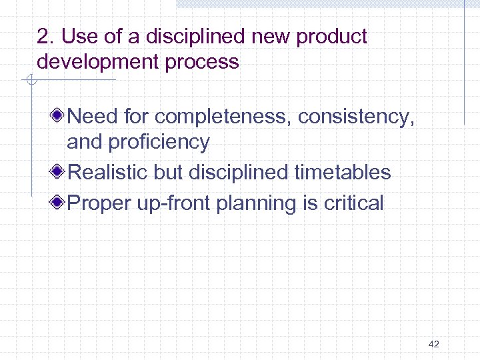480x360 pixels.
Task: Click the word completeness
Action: click(x=223, y=117)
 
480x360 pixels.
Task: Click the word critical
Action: click(x=353, y=203)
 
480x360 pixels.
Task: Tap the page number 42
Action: click(x=434, y=344)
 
